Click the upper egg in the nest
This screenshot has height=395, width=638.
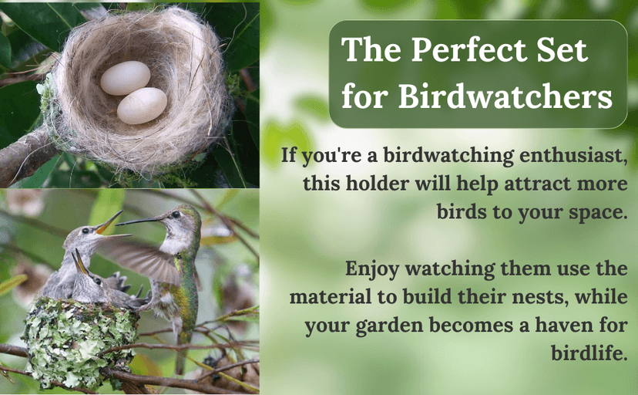(x=125, y=78)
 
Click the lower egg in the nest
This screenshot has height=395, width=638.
(x=142, y=106)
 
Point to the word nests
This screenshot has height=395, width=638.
(x=539, y=298)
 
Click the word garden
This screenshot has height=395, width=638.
(x=401, y=326)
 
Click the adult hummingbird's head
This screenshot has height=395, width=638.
(x=185, y=220)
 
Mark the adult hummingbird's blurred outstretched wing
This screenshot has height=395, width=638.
(x=139, y=258)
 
